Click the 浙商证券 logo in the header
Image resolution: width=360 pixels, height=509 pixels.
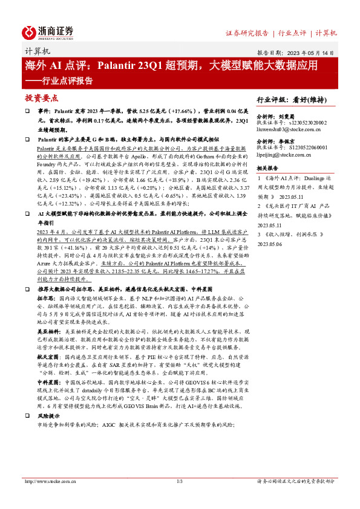(48, 31)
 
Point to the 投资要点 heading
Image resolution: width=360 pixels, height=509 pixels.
(42, 98)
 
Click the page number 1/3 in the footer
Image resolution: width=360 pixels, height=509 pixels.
(180, 481)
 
